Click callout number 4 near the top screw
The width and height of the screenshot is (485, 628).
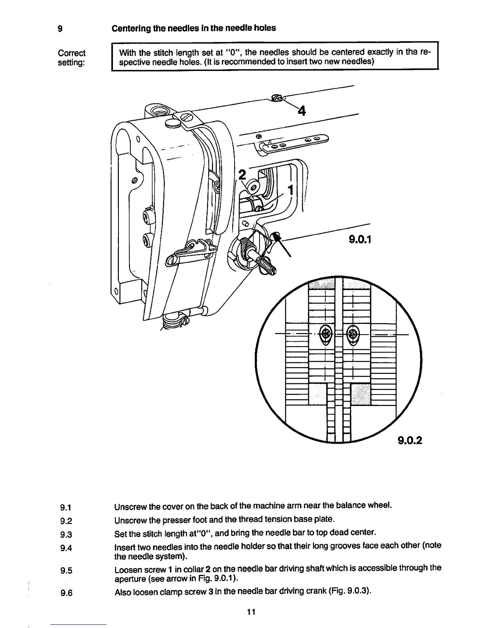(x=302, y=111)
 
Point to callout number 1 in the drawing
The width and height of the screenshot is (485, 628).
(x=290, y=190)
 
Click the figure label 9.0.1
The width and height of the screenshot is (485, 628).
(x=360, y=239)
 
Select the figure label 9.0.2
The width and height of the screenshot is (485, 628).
(x=408, y=440)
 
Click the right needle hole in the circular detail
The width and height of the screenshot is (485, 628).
(x=352, y=334)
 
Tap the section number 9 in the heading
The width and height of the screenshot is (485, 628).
(x=60, y=29)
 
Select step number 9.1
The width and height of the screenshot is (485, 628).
(x=66, y=507)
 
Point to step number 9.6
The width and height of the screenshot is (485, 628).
(x=66, y=594)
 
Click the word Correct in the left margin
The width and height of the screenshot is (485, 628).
(x=71, y=53)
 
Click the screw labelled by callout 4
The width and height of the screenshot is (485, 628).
(x=277, y=98)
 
